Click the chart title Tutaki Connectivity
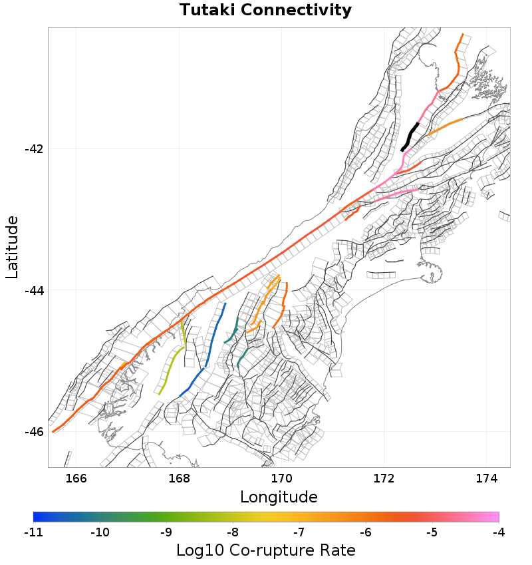(x=265, y=11)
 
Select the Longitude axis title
(x=279, y=497)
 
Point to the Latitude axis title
(x=12, y=247)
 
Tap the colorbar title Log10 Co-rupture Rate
(x=265, y=550)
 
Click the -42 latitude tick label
(x=34, y=149)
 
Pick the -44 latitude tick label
(x=34, y=290)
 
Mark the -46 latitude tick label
(x=34, y=432)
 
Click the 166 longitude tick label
(x=76, y=478)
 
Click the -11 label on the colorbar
(x=33, y=532)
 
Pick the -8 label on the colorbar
(x=233, y=532)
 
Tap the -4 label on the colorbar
(x=499, y=532)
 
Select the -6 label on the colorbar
(x=366, y=532)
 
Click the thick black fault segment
(x=410, y=136)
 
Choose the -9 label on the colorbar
(x=166, y=532)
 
